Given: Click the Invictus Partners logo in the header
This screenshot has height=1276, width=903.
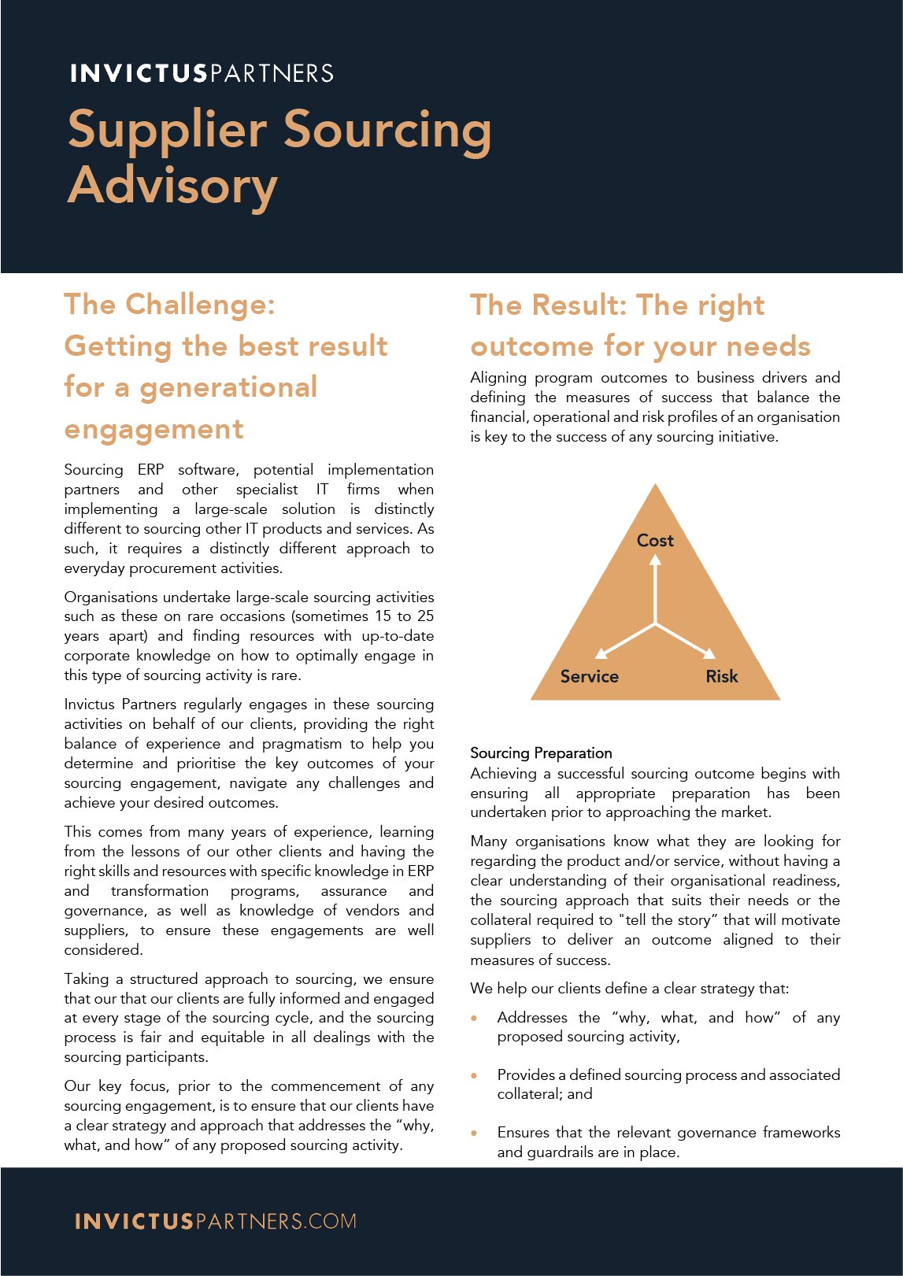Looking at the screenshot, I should click(x=202, y=73).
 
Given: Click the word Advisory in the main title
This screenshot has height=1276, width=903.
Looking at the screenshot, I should click(x=172, y=186).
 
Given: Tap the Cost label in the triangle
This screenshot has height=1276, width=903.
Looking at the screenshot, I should click(x=655, y=540).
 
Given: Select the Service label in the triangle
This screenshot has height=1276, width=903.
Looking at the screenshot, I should click(x=589, y=676).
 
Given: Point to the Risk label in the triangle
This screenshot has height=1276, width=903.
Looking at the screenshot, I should click(x=721, y=676).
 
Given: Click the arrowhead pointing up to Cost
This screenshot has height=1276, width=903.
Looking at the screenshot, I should click(x=655, y=560).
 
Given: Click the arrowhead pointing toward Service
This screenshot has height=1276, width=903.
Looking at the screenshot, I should click(x=601, y=653).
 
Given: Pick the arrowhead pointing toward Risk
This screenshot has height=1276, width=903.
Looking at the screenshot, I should click(x=709, y=653).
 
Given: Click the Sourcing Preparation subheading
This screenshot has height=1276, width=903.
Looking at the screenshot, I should click(x=541, y=753).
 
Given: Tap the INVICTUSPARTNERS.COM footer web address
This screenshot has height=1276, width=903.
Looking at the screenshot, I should click(x=215, y=1221).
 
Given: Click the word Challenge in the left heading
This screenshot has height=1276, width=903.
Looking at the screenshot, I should click(x=200, y=305).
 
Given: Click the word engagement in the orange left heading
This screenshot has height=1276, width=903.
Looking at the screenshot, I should click(x=154, y=429).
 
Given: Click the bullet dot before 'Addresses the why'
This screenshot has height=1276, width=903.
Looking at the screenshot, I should click(x=474, y=1018).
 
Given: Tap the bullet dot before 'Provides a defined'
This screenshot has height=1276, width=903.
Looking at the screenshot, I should click(x=474, y=1075).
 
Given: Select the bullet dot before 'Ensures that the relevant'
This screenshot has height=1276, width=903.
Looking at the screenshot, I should click(x=474, y=1133).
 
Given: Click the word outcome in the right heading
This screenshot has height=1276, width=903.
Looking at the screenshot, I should click(x=531, y=346).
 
